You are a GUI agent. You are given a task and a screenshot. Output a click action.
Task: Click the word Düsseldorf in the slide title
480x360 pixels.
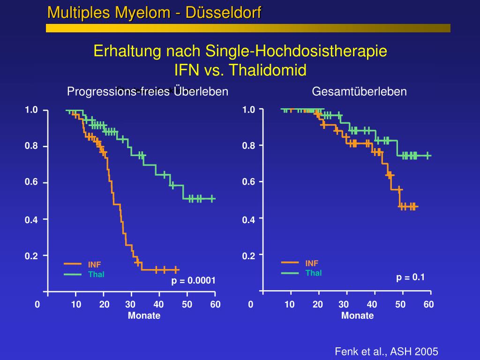pyautogui.click(x=223, y=13)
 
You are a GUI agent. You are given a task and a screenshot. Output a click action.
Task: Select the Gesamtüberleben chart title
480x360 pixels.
pyautogui.click(x=359, y=91)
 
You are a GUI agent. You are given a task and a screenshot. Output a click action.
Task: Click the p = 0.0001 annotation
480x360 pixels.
pyautogui.click(x=193, y=281)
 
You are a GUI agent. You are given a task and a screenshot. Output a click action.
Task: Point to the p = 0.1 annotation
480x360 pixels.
pyautogui.click(x=410, y=277)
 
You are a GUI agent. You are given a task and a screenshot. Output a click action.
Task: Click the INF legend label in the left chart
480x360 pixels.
pyautogui.click(x=94, y=265)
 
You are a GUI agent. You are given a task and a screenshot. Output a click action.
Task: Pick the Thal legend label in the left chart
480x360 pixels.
pyautogui.click(x=96, y=274)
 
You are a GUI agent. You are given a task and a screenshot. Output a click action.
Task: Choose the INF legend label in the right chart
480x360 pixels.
pyautogui.click(x=312, y=263)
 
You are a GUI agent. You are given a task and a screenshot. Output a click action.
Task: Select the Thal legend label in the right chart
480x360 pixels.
pyautogui.click(x=314, y=273)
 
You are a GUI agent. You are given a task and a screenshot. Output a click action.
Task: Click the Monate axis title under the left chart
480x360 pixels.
pyautogui.click(x=144, y=315)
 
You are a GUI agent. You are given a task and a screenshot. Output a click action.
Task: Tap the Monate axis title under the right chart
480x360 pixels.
pyautogui.click(x=357, y=315)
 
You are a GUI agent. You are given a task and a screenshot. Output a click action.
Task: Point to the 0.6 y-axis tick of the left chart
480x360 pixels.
pyautogui.click(x=31, y=182)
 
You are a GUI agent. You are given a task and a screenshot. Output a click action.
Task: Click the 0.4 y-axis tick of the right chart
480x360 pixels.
pyautogui.click(x=248, y=219)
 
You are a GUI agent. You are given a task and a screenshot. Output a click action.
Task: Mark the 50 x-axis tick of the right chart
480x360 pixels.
pyautogui.click(x=400, y=305)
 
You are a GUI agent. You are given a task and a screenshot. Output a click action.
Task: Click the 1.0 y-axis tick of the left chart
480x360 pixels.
pyautogui.click(x=31, y=110)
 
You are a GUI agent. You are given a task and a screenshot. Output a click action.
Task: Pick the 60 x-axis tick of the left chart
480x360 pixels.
pyautogui.click(x=215, y=305)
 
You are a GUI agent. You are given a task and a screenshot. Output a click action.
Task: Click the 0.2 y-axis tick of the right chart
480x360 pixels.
pyautogui.click(x=248, y=255)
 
